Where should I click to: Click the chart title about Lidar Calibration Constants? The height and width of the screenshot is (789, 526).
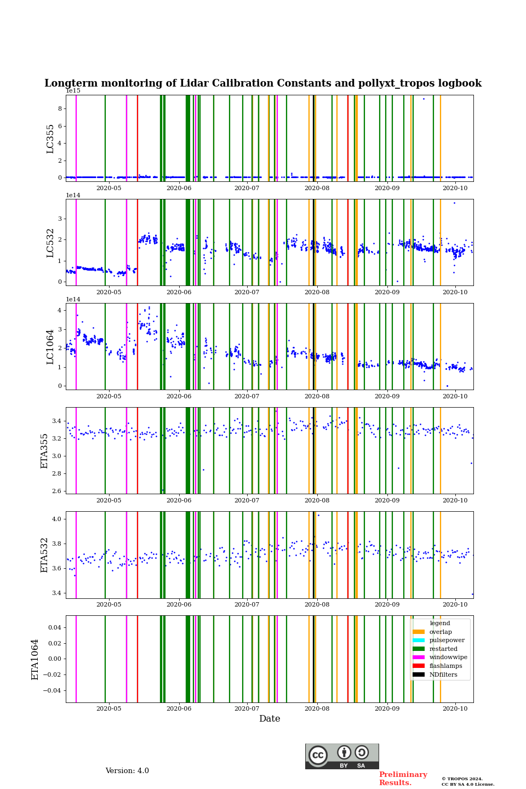[263, 83]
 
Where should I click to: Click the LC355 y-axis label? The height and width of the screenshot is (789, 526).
[50, 139]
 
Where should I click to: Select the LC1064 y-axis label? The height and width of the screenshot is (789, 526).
[50, 347]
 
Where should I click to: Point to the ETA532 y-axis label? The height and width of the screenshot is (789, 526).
[45, 555]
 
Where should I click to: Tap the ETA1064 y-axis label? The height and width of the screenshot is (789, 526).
[35, 659]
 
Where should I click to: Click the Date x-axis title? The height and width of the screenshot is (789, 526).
[270, 719]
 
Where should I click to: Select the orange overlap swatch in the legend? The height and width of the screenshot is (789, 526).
[419, 632]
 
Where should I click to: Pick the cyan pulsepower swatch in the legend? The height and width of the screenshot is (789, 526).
[419, 641]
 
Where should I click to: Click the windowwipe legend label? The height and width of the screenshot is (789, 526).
[448, 658]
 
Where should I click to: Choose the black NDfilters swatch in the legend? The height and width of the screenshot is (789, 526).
[419, 674]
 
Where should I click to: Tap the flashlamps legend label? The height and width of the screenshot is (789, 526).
[445, 666]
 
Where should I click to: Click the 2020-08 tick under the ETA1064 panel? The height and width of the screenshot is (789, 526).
[317, 708]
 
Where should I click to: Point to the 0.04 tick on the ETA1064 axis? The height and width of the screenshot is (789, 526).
[55, 627]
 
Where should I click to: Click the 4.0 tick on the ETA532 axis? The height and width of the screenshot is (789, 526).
[57, 519]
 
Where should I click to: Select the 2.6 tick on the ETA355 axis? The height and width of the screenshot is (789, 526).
[57, 491]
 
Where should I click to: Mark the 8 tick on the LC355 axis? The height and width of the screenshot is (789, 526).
[60, 108]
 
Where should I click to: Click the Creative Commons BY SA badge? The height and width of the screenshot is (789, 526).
[342, 756]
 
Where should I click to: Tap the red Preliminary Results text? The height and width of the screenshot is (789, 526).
[403, 779]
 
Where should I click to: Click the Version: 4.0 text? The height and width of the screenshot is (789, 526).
[127, 771]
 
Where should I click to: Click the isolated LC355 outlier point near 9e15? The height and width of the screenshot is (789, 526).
[424, 99]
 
